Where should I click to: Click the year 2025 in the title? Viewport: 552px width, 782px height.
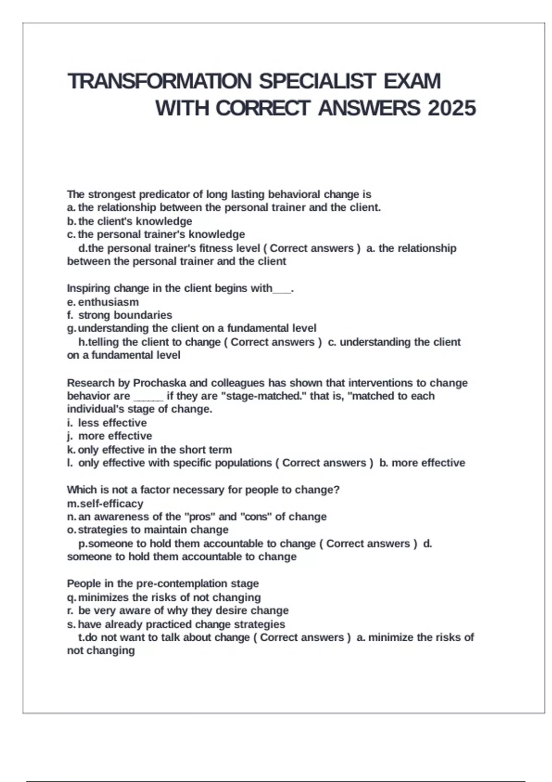(x=452, y=109)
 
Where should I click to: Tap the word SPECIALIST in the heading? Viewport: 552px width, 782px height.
(x=317, y=81)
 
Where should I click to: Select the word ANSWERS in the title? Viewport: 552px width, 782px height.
(x=368, y=109)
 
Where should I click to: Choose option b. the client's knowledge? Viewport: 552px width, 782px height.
(x=130, y=221)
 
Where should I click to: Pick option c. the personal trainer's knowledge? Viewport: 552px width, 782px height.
(x=156, y=235)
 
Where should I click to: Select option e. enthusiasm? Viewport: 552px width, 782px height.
(x=103, y=302)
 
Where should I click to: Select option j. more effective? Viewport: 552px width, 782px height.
(x=110, y=436)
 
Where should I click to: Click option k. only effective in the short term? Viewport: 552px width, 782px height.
(x=149, y=449)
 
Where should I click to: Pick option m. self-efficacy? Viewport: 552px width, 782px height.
(x=105, y=504)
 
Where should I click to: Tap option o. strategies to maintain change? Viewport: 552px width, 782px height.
(x=148, y=530)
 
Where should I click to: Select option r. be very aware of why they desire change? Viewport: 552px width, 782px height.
(x=178, y=610)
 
